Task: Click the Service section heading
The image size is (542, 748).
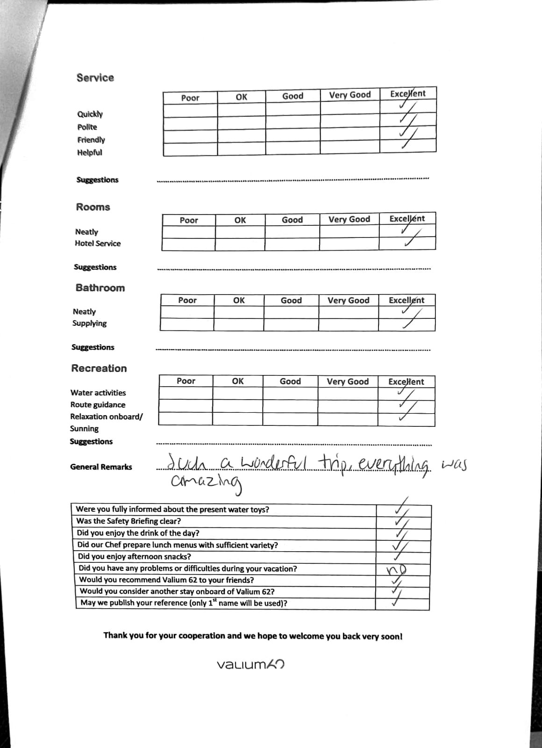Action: (x=95, y=78)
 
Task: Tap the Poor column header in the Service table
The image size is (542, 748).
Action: (x=190, y=98)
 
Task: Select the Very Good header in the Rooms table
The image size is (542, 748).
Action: (x=349, y=219)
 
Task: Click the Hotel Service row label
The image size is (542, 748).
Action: (x=98, y=244)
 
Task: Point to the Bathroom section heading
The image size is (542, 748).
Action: (x=100, y=288)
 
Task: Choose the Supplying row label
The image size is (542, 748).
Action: (x=89, y=324)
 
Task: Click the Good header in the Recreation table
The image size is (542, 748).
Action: (x=290, y=381)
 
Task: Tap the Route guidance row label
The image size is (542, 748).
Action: (x=98, y=405)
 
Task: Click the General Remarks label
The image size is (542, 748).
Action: (x=101, y=467)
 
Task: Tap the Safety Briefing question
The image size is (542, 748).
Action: (x=128, y=521)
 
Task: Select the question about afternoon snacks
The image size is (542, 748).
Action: (x=134, y=556)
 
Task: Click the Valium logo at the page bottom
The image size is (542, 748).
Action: (x=251, y=664)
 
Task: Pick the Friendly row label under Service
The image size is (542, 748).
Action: (x=91, y=140)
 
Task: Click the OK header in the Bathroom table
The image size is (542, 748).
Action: (x=238, y=301)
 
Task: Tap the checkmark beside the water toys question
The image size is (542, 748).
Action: (x=402, y=508)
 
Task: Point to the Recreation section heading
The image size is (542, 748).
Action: (x=99, y=368)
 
